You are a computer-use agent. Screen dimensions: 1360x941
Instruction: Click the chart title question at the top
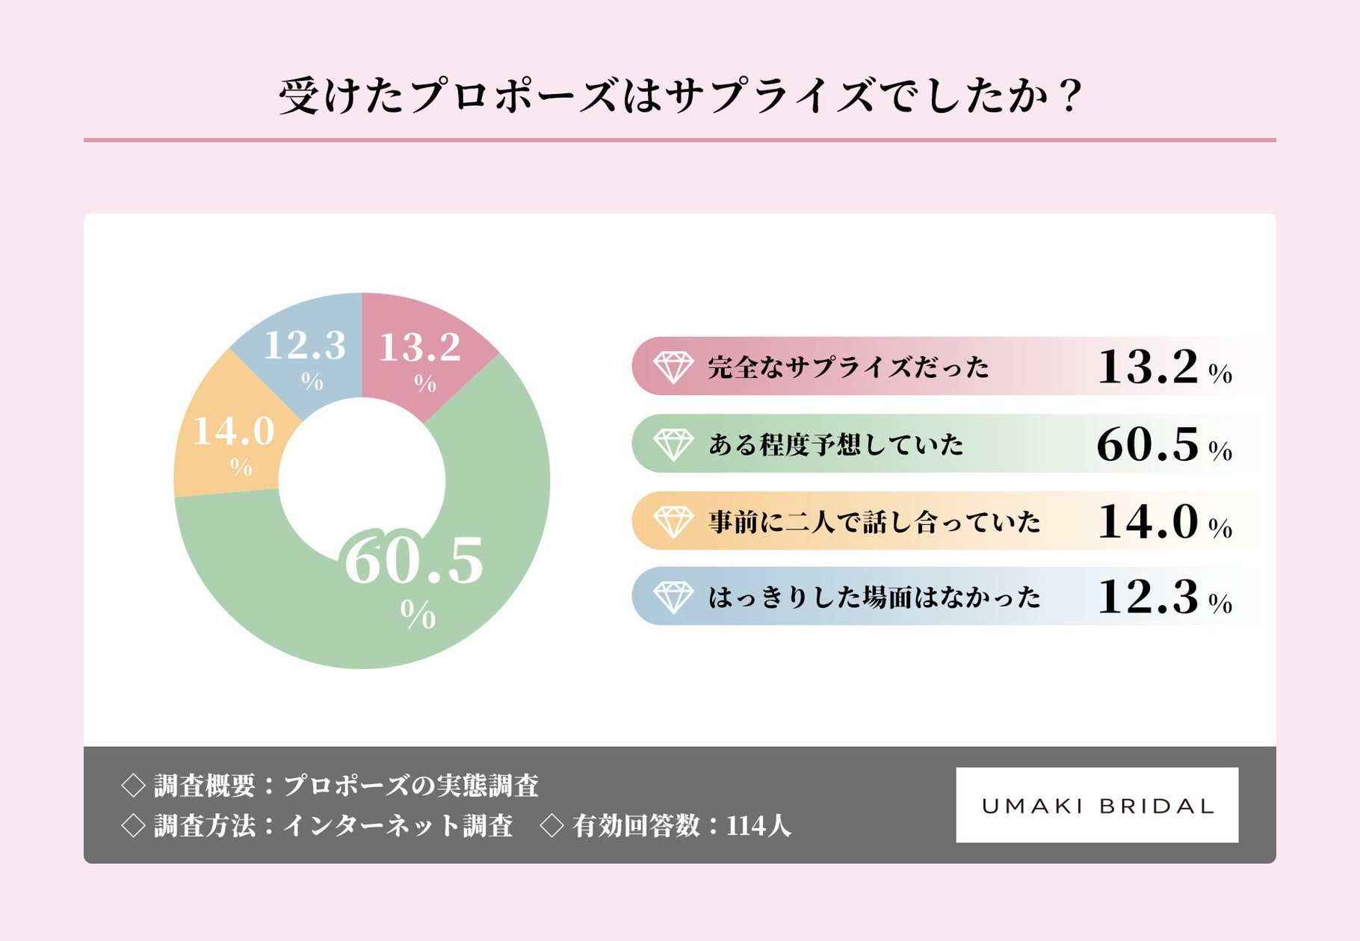pos(680,96)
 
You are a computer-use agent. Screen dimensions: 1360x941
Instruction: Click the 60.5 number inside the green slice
pos(414,562)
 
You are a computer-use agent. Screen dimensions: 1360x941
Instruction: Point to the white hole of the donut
pos(362,481)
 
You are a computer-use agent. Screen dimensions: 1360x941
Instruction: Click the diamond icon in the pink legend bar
pos(673,367)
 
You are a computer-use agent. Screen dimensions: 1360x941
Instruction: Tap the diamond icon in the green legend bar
pos(673,444)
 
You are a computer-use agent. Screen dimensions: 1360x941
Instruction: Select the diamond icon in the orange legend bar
pos(673,521)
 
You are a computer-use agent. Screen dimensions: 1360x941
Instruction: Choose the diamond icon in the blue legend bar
pos(673,597)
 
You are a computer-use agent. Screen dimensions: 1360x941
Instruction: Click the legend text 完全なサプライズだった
pos(848,367)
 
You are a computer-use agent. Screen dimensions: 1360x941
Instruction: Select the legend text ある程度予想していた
pos(836,444)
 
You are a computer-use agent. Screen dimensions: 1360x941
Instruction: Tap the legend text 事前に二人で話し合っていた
pos(874,521)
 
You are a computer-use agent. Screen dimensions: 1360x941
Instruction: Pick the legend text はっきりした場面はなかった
pos(874,597)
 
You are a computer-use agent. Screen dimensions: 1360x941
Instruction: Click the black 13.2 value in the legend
pos(1148,367)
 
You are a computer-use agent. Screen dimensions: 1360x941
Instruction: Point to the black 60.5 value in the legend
pos(1148,444)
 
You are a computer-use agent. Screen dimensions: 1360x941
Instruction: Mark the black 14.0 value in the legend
pos(1148,521)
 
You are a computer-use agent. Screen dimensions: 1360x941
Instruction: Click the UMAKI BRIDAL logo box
pos(1097,805)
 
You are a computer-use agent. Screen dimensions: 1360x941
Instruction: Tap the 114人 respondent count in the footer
pos(758,826)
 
